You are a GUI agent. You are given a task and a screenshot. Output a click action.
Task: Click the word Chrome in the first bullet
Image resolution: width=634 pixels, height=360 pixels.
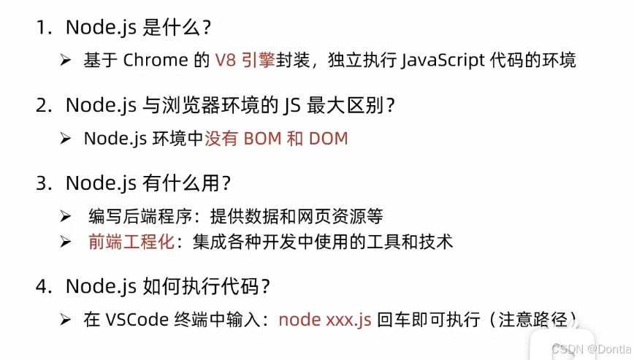tap(156, 60)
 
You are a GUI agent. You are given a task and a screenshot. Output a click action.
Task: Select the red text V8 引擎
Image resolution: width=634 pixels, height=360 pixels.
tap(244, 60)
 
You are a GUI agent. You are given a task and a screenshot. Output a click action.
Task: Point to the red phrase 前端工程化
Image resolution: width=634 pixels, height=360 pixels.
tap(131, 242)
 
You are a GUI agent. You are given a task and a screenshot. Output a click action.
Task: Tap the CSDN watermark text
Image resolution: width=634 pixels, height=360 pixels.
tap(592, 349)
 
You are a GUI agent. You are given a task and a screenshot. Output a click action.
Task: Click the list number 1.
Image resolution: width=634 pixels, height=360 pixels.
tap(42, 28)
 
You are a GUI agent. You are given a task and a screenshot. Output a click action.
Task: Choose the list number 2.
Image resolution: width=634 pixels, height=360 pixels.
tap(42, 105)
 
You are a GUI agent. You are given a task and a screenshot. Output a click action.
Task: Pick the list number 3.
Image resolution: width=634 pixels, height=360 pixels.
tap(42, 183)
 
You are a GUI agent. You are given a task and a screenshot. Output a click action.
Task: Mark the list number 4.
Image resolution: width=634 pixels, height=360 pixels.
tap(42, 286)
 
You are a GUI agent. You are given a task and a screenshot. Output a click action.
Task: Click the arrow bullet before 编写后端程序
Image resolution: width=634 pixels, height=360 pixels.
tap(66, 216)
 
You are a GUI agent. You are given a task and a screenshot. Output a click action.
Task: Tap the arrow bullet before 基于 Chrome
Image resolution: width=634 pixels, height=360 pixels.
tap(66, 60)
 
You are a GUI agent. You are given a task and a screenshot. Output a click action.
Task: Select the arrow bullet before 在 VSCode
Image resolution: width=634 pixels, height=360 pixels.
tap(66, 320)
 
